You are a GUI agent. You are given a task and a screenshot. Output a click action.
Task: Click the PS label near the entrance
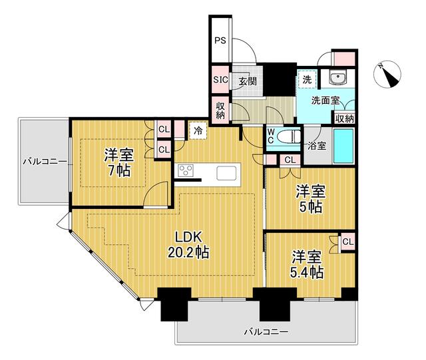click(220, 41)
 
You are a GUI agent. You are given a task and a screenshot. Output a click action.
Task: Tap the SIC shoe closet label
click(220, 80)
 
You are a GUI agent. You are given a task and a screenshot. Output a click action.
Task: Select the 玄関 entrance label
click(248, 81)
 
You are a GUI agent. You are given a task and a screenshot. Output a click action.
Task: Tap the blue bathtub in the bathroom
click(343, 146)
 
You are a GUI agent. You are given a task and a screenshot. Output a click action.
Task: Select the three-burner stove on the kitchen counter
click(186, 171)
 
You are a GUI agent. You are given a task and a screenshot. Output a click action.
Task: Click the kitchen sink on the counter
click(226, 173)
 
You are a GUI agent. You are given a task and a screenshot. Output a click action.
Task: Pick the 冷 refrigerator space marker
click(198, 130)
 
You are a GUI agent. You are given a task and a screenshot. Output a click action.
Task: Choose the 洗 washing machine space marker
click(307, 79)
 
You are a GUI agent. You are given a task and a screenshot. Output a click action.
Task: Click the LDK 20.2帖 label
click(188, 245)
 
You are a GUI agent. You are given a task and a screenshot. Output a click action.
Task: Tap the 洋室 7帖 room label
click(118, 162)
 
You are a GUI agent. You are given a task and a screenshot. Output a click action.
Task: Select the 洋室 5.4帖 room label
click(307, 265)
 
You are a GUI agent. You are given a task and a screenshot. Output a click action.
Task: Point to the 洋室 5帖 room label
click(310, 199)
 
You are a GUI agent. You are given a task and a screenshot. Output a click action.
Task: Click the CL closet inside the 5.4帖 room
click(348, 242)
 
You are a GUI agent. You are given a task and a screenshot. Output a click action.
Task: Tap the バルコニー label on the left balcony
click(45, 162)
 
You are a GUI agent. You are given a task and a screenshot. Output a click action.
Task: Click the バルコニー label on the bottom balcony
click(266, 332)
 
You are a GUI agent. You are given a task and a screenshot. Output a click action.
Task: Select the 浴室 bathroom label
click(317, 146)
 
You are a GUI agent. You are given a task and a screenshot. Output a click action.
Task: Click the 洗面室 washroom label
click(325, 100)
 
